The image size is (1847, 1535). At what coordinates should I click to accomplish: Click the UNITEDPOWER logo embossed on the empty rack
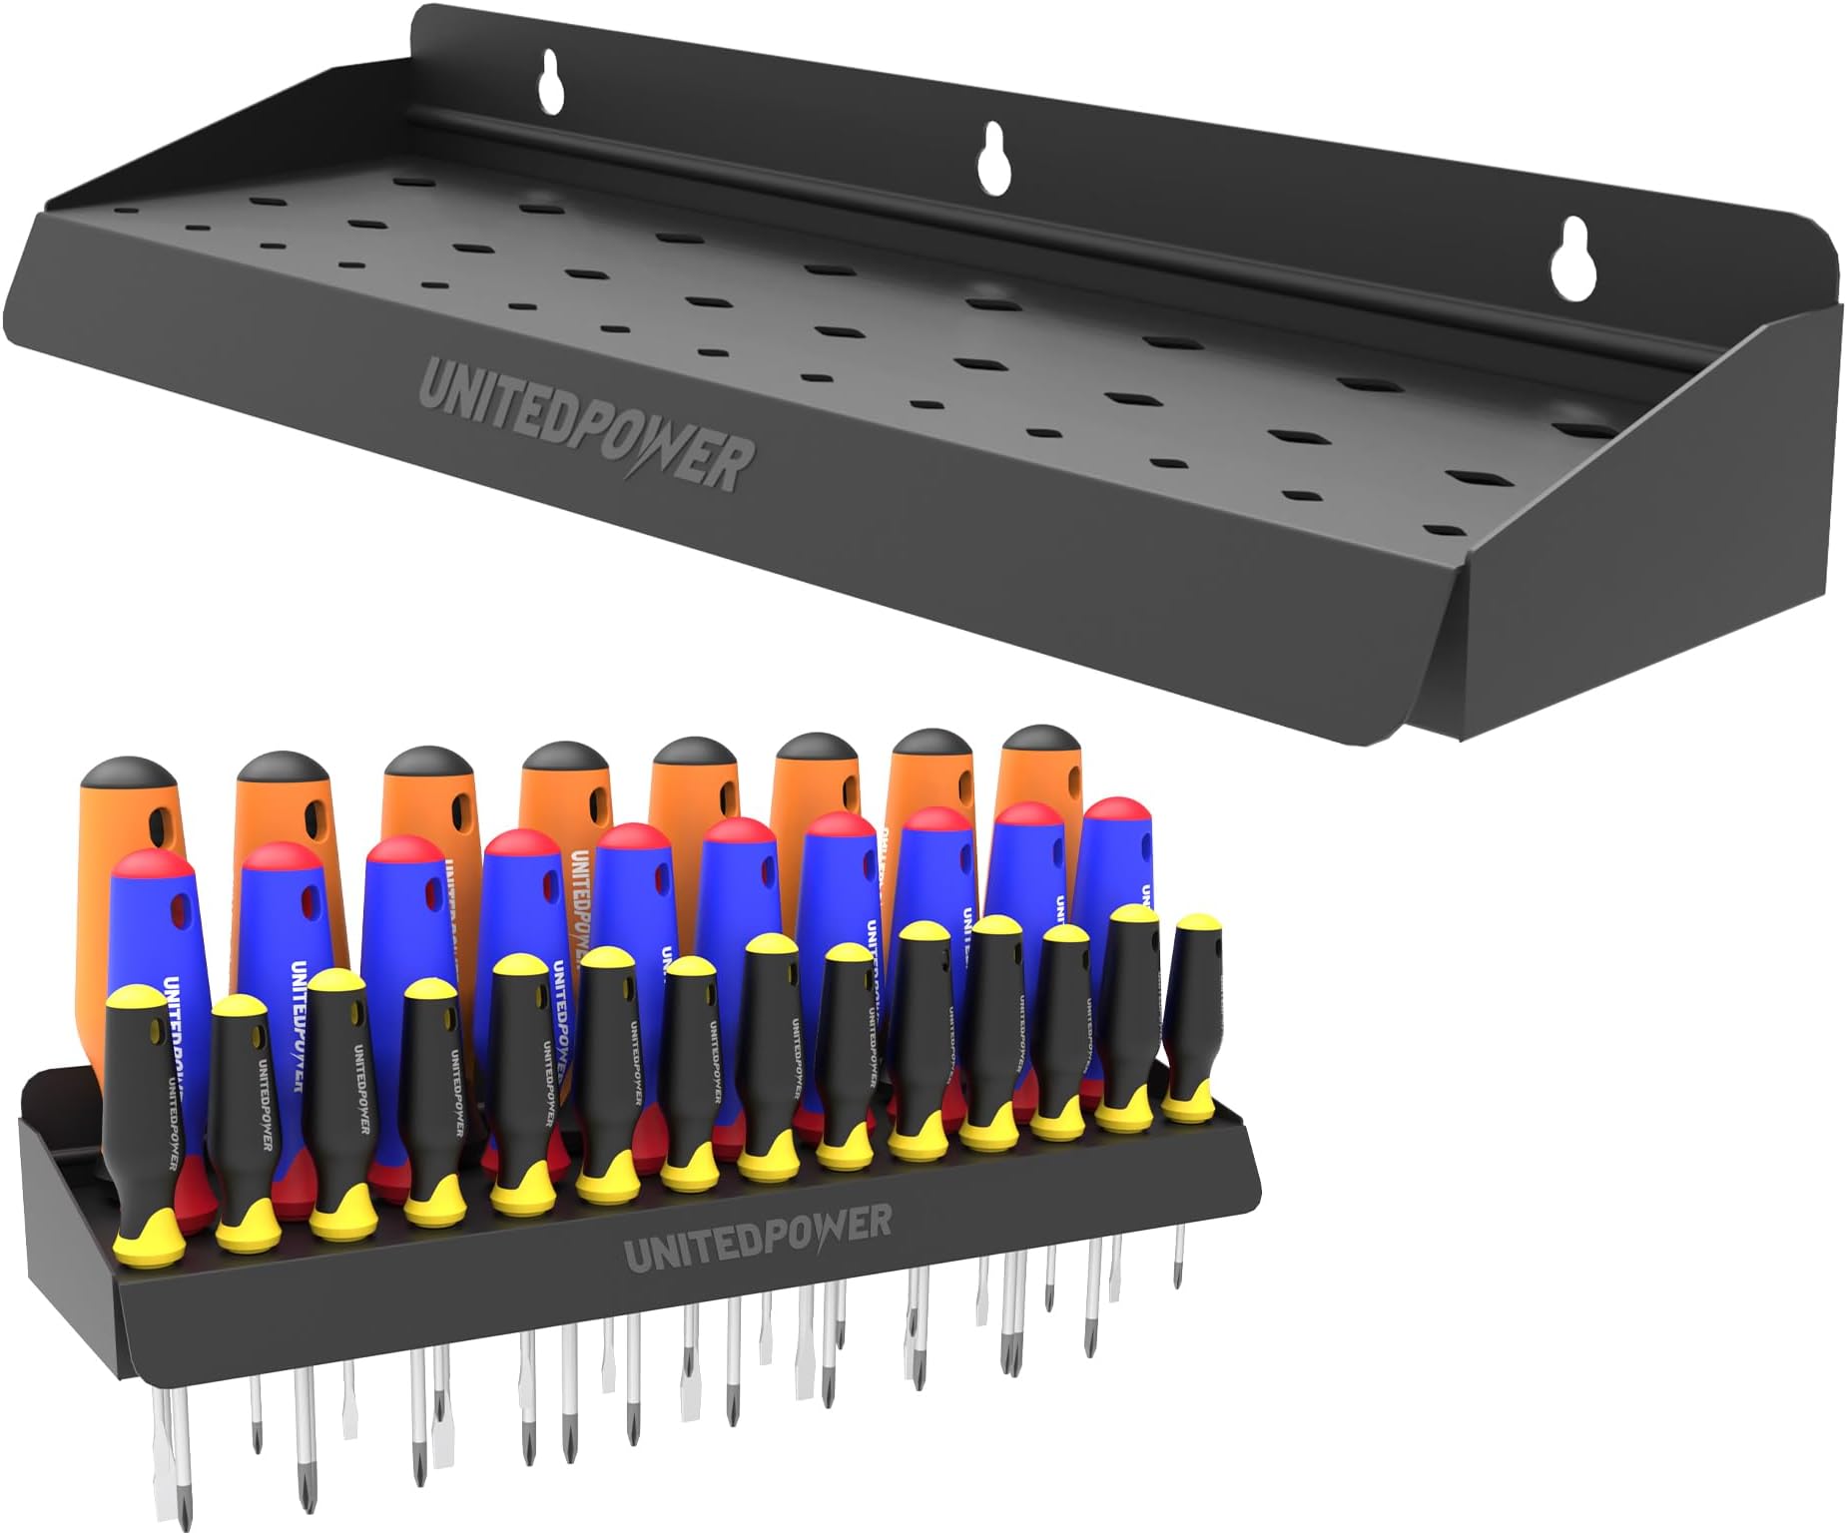click(586, 426)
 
